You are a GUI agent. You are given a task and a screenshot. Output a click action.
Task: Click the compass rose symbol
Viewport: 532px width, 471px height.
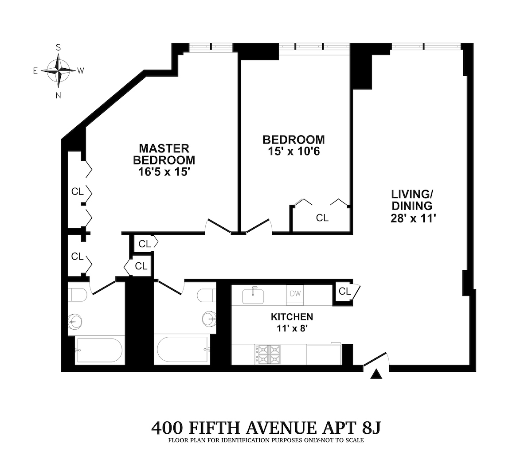point(58,71)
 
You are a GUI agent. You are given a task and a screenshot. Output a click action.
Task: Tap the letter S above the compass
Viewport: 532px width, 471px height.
point(58,47)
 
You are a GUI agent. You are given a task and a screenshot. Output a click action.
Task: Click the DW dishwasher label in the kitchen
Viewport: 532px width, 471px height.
point(295,293)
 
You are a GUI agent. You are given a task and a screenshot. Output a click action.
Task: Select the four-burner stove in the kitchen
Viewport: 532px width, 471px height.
point(267,354)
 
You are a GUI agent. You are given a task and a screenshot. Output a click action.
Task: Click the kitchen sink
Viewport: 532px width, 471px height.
point(254,295)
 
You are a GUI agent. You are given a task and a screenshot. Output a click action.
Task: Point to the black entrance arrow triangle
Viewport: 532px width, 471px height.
point(376,375)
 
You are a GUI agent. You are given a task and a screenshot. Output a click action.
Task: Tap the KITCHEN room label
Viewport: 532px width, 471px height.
point(292,317)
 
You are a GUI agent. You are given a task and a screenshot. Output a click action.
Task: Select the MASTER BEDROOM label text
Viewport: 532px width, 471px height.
point(164,154)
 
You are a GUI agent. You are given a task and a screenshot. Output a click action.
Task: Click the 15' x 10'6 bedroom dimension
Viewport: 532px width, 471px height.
point(293,152)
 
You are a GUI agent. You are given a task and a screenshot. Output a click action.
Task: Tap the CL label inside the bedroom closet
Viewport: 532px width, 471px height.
point(322,218)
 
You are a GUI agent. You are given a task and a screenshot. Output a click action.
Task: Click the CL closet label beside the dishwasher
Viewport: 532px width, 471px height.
point(345,292)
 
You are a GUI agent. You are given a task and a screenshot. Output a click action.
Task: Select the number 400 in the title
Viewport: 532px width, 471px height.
point(168,428)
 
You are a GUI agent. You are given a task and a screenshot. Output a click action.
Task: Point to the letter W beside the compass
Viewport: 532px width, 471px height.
point(81,71)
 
